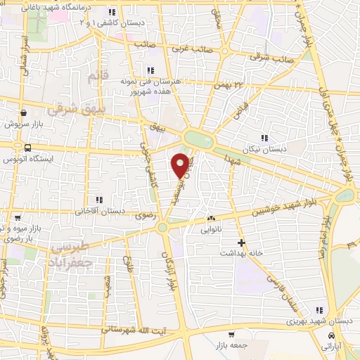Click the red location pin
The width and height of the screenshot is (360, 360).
[x=181, y=165]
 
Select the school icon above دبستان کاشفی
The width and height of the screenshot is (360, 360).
[x=112, y=12]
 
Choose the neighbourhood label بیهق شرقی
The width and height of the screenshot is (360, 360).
[x=70, y=110]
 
